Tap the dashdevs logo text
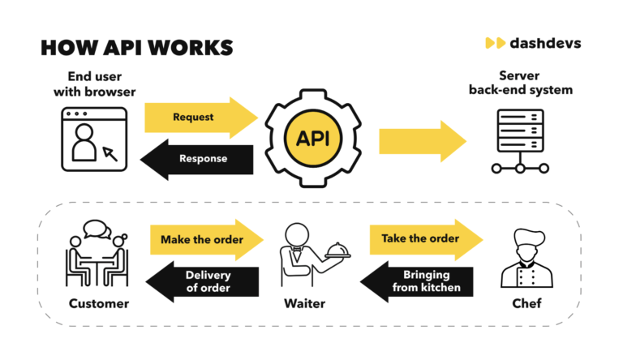pos(541,42)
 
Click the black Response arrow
pos(199,158)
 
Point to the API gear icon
pos(312,137)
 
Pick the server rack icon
pos(520,141)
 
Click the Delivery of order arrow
pos(203,281)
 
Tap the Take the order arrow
pos(425,238)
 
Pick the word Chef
pos(522,304)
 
